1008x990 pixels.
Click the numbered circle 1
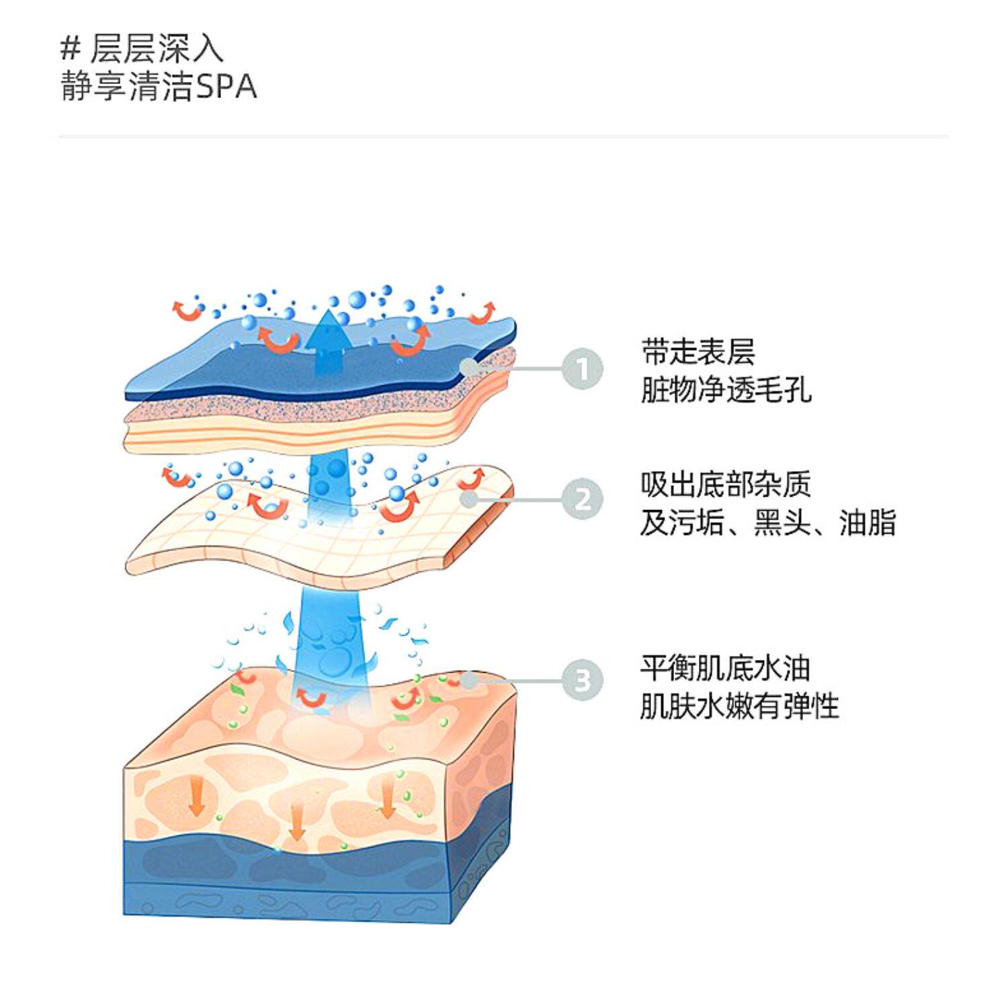583,369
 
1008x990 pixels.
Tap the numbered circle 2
583,499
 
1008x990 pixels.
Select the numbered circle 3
583,680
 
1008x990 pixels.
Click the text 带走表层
698,352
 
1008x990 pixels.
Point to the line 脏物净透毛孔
726,389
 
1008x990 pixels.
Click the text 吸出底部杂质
726,484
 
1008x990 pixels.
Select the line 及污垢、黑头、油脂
768,522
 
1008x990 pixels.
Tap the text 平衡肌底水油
726,667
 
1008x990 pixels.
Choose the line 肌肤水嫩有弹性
740,706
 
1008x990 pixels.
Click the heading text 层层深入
156,49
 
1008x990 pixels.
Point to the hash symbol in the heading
70,49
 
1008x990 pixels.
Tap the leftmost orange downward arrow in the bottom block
196,796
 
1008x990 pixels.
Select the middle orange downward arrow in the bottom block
297,822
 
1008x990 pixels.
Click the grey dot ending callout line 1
469,366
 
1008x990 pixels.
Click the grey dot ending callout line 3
468,680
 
